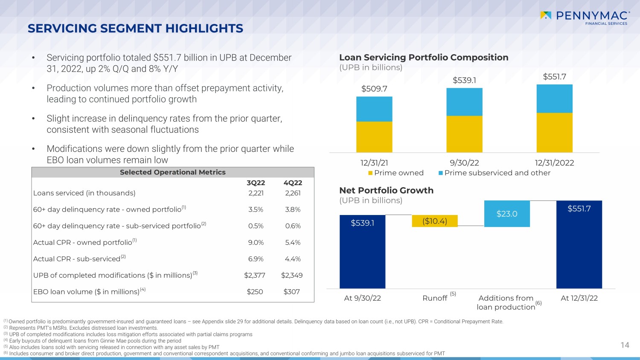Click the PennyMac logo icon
pyautogui.click(x=546, y=16)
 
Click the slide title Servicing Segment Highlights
pyautogui.click(x=135, y=29)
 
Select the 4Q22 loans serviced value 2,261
pyautogui.click(x=293, y=193)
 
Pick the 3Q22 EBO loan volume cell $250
pyautogui.click(x=255, y=292)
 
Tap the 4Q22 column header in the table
pyautogui.click(x=293, y=183)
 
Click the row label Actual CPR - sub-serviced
pyautogui.click(x=77, y=259)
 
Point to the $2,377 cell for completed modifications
pyautogui.click(x=255, y=276)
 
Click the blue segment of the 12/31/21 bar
pyautogui.click(x=374, y=109)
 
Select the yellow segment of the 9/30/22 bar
pyautogui.click(x=464, y=134)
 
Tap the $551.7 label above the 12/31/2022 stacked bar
pyautogui.click(x=554, y=77)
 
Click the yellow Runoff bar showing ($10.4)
pyautogui.click(x=435, y=221)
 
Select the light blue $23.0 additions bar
pyautogui.click(x=507, y=214)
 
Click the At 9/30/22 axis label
pyautogui.click(x=362, y=298)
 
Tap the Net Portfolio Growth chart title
pyautogui.click(x=386, y=191)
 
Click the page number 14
pyautogui.click(x=625, y=345)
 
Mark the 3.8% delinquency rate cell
pyautogui.click(x=293, y=209)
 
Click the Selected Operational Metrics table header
pyautogui.click(x=172, y=172)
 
